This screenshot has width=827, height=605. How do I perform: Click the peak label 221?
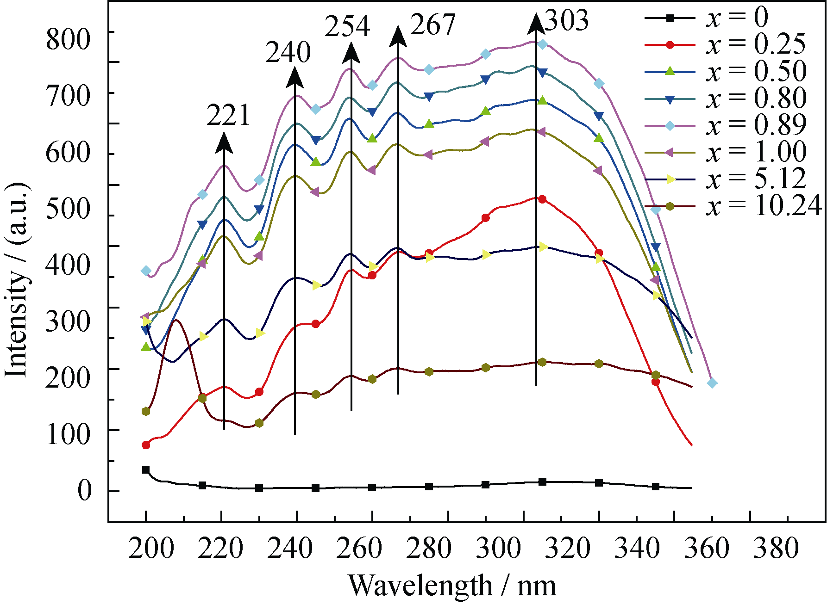228,115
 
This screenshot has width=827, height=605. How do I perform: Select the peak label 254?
347,26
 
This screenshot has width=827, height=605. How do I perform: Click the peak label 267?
433,25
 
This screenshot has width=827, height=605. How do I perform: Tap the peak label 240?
288,52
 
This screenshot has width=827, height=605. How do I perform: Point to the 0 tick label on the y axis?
84,491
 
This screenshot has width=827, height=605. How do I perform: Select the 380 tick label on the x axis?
776,549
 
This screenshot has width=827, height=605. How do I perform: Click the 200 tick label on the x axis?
151,549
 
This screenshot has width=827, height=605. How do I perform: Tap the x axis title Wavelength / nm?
452,586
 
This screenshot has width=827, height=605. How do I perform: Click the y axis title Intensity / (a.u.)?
18,280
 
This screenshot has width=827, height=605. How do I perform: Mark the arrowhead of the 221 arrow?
224,142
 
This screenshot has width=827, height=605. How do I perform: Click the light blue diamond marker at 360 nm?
712,383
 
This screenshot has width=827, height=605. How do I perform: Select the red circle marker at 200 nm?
146,445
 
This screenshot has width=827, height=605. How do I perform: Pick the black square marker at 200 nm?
146,470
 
